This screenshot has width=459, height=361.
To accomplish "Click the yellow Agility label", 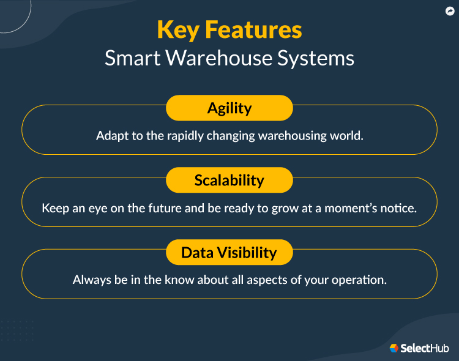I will coord(229,108).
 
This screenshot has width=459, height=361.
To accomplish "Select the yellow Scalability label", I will coord(229,180).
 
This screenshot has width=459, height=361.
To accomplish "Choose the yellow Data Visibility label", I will coord(229,253).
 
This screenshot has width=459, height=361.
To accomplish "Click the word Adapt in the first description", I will coord(111,135).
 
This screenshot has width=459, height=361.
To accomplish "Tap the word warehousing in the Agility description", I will coord(295,135).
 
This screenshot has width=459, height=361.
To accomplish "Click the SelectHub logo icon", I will coord(394,348).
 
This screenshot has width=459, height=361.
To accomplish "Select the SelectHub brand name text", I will coord(425,348).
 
